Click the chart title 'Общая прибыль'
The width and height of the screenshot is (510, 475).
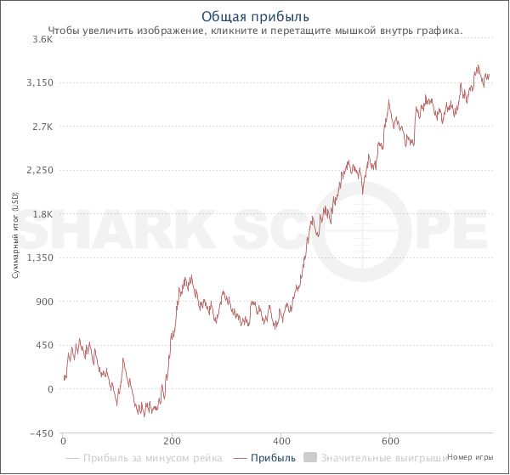click(x=255, y=16)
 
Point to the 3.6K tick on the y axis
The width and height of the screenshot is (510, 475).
click(x=42, y=39)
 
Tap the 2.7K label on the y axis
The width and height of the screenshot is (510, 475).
click(x=42, y=127)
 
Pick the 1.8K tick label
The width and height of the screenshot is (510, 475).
click(x=42, y=214)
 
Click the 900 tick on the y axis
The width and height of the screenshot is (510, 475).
click(x=44, y=302)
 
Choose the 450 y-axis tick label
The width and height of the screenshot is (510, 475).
click(x=44, y=346)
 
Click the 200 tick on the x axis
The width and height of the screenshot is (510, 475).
click(x=172, y=443)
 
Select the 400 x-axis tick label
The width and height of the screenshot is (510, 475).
click(x=281, y=443)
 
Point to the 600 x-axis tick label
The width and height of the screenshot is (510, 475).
click(x=390, y=443)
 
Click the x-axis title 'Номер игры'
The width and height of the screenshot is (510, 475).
click(x=471, y=457)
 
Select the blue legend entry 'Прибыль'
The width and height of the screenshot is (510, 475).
click(x=275, y=458)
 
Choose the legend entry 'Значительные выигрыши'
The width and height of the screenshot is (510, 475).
click(x=384, y=458)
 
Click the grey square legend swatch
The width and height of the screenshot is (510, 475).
click(x=310, y=458)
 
